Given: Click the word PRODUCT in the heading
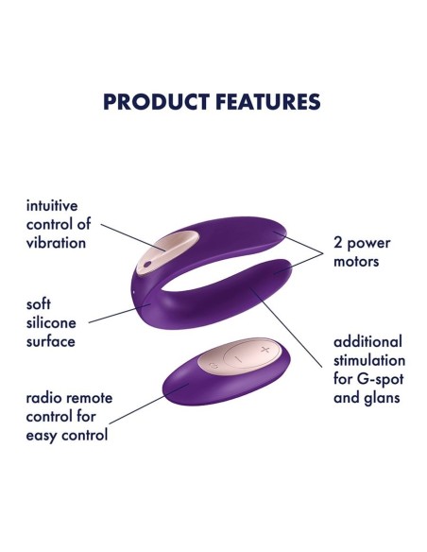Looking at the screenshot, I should click(150, 102).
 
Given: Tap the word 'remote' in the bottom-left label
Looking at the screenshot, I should click(90, 399).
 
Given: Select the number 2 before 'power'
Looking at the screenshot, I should click(338, 243).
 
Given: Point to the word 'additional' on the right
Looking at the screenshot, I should click(367, 341).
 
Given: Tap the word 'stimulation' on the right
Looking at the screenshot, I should click(369, 360).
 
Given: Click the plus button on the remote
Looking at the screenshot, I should click(264, 350).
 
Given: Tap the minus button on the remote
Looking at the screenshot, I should click(239, 358).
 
